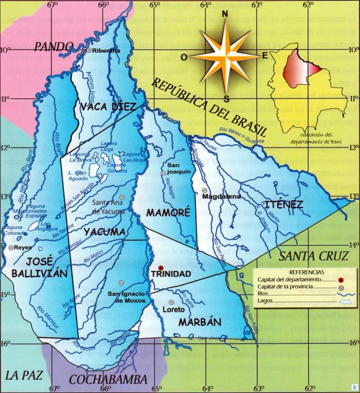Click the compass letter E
pyautogui.click(x=265, y=56)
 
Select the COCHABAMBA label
pyautogui.click(x=111, y=379)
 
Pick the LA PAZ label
pyautogui.click(x=22, y=375)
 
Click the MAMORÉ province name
pyautogui.click(x=168, y=212)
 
